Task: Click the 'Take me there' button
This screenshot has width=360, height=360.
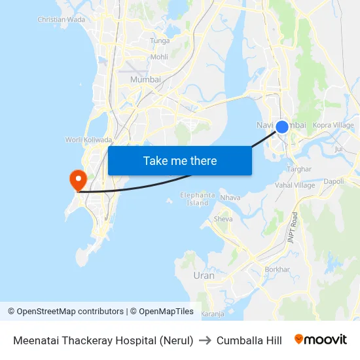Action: (x=180, y=161)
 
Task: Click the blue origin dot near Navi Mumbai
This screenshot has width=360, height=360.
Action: (x=282, y=127)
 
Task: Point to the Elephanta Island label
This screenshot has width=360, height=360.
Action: (x=198, y=199)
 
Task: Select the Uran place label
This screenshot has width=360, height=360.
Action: (x=204, y=276)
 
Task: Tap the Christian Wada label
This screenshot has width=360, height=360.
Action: (x=61, y=20)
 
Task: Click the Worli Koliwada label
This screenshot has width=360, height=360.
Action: (x=88, y=139)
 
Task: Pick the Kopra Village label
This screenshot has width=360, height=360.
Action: (x=333, y=125)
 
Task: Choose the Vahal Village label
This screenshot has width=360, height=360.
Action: (x=295, y=185)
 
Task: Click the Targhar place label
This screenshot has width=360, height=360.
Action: (x=299, y=169)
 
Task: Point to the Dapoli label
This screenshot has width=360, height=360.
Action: (x=334, y=181)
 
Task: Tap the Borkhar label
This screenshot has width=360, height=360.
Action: (x=277, y=269)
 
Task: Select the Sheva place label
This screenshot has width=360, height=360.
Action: (x=223, y=219)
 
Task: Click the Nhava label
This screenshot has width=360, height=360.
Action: (x=230, y=198)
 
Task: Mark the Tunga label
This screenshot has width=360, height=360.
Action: (x=160, y=41)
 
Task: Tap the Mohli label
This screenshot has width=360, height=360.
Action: (x=159, y=57)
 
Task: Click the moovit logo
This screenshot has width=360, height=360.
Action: (x=320, y=340)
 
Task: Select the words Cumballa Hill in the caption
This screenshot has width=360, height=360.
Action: (x=249, y=340)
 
